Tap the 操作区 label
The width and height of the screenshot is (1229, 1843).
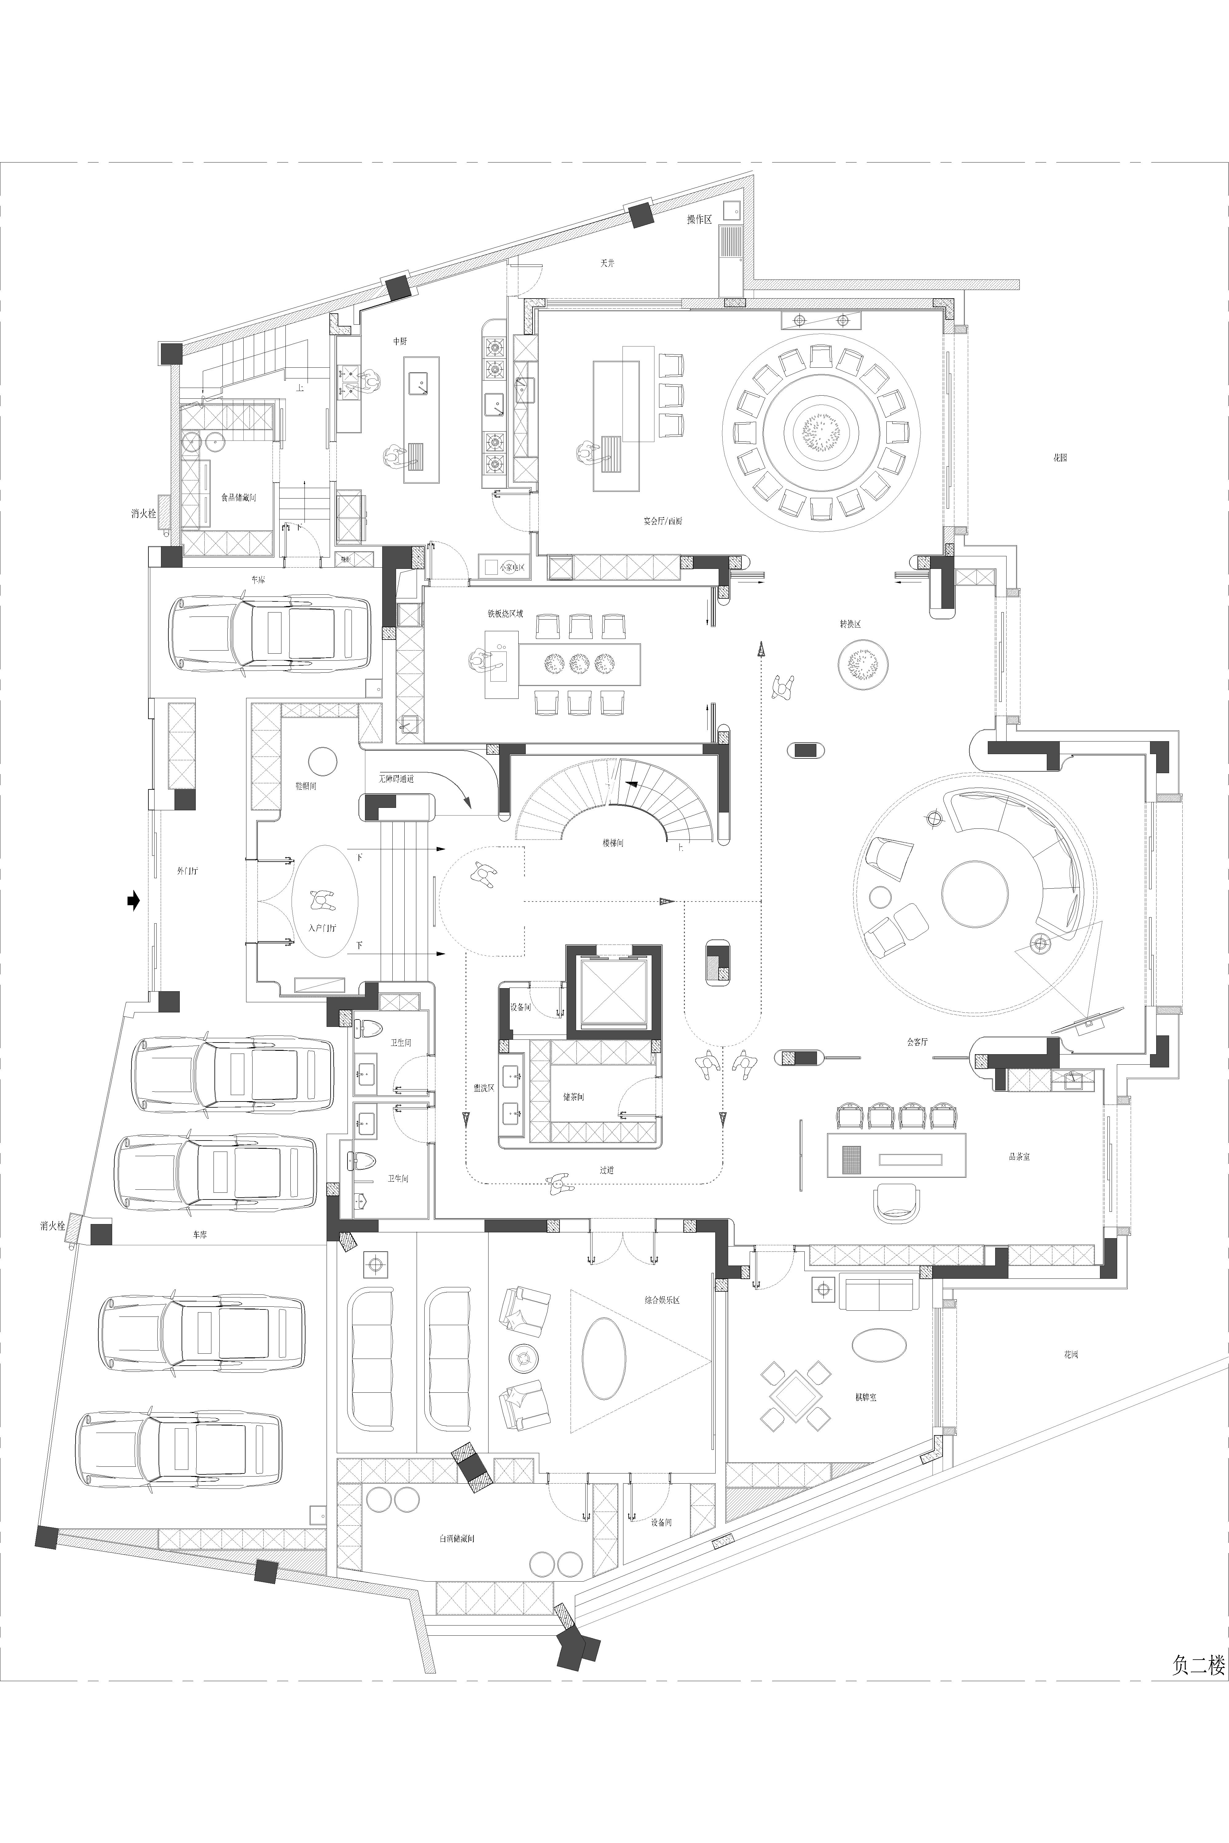pyautogui.click(x=699, y=219)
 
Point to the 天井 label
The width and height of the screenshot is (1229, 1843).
pyautogui.click(x=607, y=263)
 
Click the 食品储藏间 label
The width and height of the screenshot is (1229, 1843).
pyautogui.click(x=238, y=498)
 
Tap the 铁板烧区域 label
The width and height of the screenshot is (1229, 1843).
pyautogui.click(x=505, y=613)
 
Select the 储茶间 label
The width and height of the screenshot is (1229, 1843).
pyautogui.click(x=573, y=1097)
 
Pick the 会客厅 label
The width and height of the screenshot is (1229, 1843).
pyautogui.click(x=917, y=1042)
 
